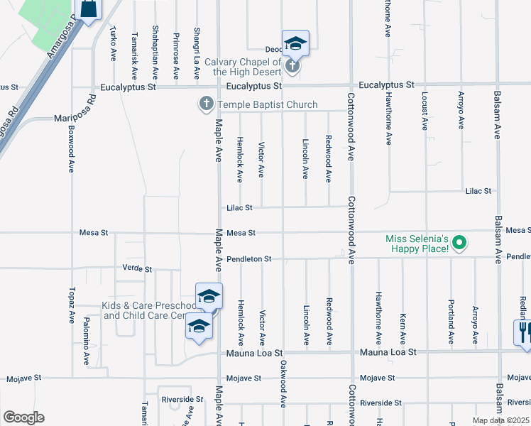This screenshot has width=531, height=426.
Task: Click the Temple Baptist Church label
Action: click(x=268, y=105)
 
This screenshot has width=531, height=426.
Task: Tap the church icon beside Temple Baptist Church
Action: click(x=207, y=105)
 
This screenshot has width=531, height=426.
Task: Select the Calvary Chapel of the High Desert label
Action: click(x=243, y=67)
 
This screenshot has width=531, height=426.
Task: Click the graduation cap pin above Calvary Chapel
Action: click(x=295, y=45)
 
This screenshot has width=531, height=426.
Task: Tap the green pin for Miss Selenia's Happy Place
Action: click(x=459, y=244)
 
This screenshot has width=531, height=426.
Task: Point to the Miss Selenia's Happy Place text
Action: click(x=417, y=244)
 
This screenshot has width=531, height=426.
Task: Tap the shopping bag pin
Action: click(x=89, y=9)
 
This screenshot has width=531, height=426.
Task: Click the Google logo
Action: click(x=23, y=417)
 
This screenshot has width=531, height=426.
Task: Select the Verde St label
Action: click(x=138, y=270)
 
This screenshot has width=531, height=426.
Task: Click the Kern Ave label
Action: click(x=403, y=328)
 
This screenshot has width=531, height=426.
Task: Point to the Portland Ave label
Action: click(x=451, y=325)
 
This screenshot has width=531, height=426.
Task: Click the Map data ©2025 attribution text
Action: click(x=500, y=420)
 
